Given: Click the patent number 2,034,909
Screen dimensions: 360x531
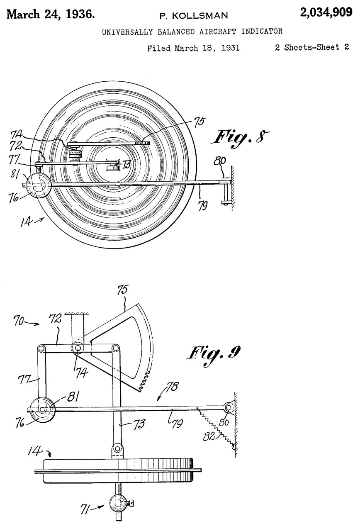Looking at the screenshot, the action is coord(326,12).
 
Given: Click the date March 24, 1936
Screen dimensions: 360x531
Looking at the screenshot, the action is coord(51,14).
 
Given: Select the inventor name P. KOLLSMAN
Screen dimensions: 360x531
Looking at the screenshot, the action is coord(193,16).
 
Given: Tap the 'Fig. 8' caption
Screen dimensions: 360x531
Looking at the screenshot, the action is coord(240,139).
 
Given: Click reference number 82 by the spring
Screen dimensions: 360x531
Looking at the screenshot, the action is coord(209,436).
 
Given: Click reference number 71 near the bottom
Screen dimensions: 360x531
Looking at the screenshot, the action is coord(86,509).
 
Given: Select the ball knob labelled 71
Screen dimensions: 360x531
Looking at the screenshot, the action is coord(119,503).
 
